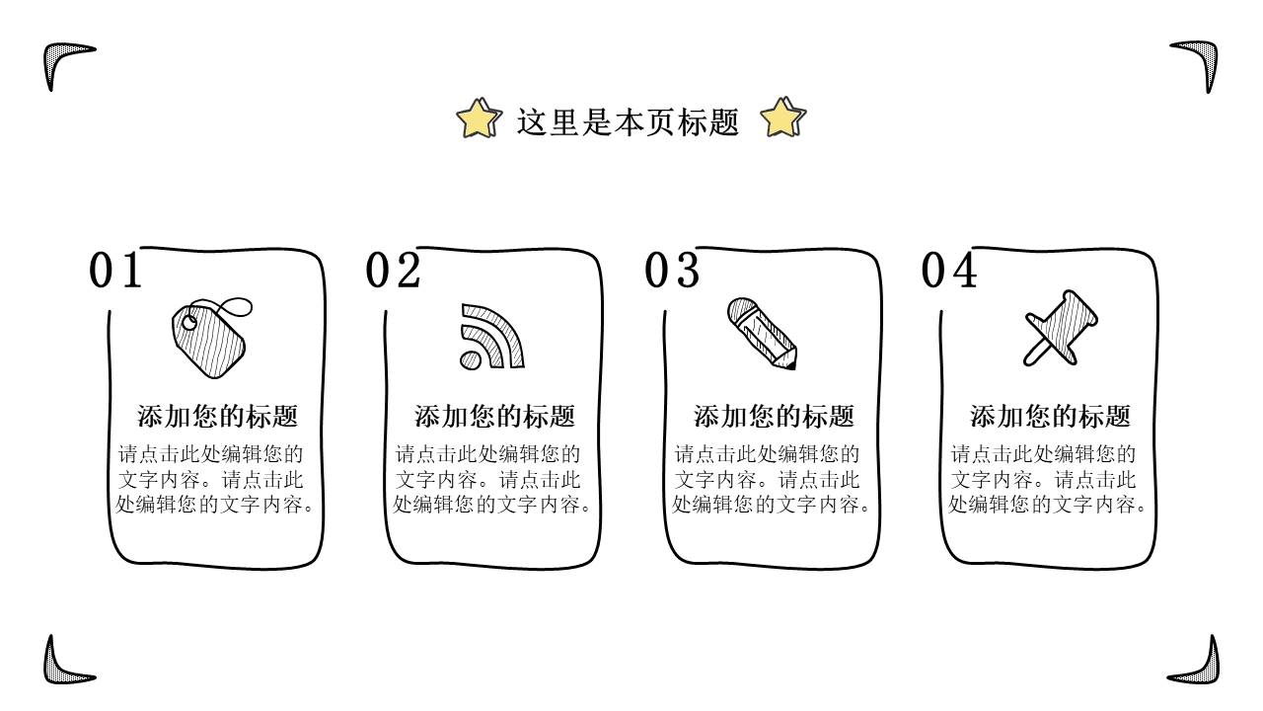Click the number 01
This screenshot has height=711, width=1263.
115,271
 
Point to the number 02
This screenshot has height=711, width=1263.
393,271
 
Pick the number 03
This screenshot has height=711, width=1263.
672,271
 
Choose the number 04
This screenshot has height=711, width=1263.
949,271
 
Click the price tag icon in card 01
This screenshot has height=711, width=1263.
210,339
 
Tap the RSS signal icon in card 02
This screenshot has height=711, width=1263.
491,337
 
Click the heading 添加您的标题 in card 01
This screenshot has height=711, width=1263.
217,417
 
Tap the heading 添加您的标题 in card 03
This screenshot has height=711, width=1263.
774,417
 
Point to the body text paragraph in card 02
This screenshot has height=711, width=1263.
492,479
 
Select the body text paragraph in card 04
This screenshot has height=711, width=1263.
1048,479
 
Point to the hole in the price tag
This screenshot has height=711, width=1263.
189,323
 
